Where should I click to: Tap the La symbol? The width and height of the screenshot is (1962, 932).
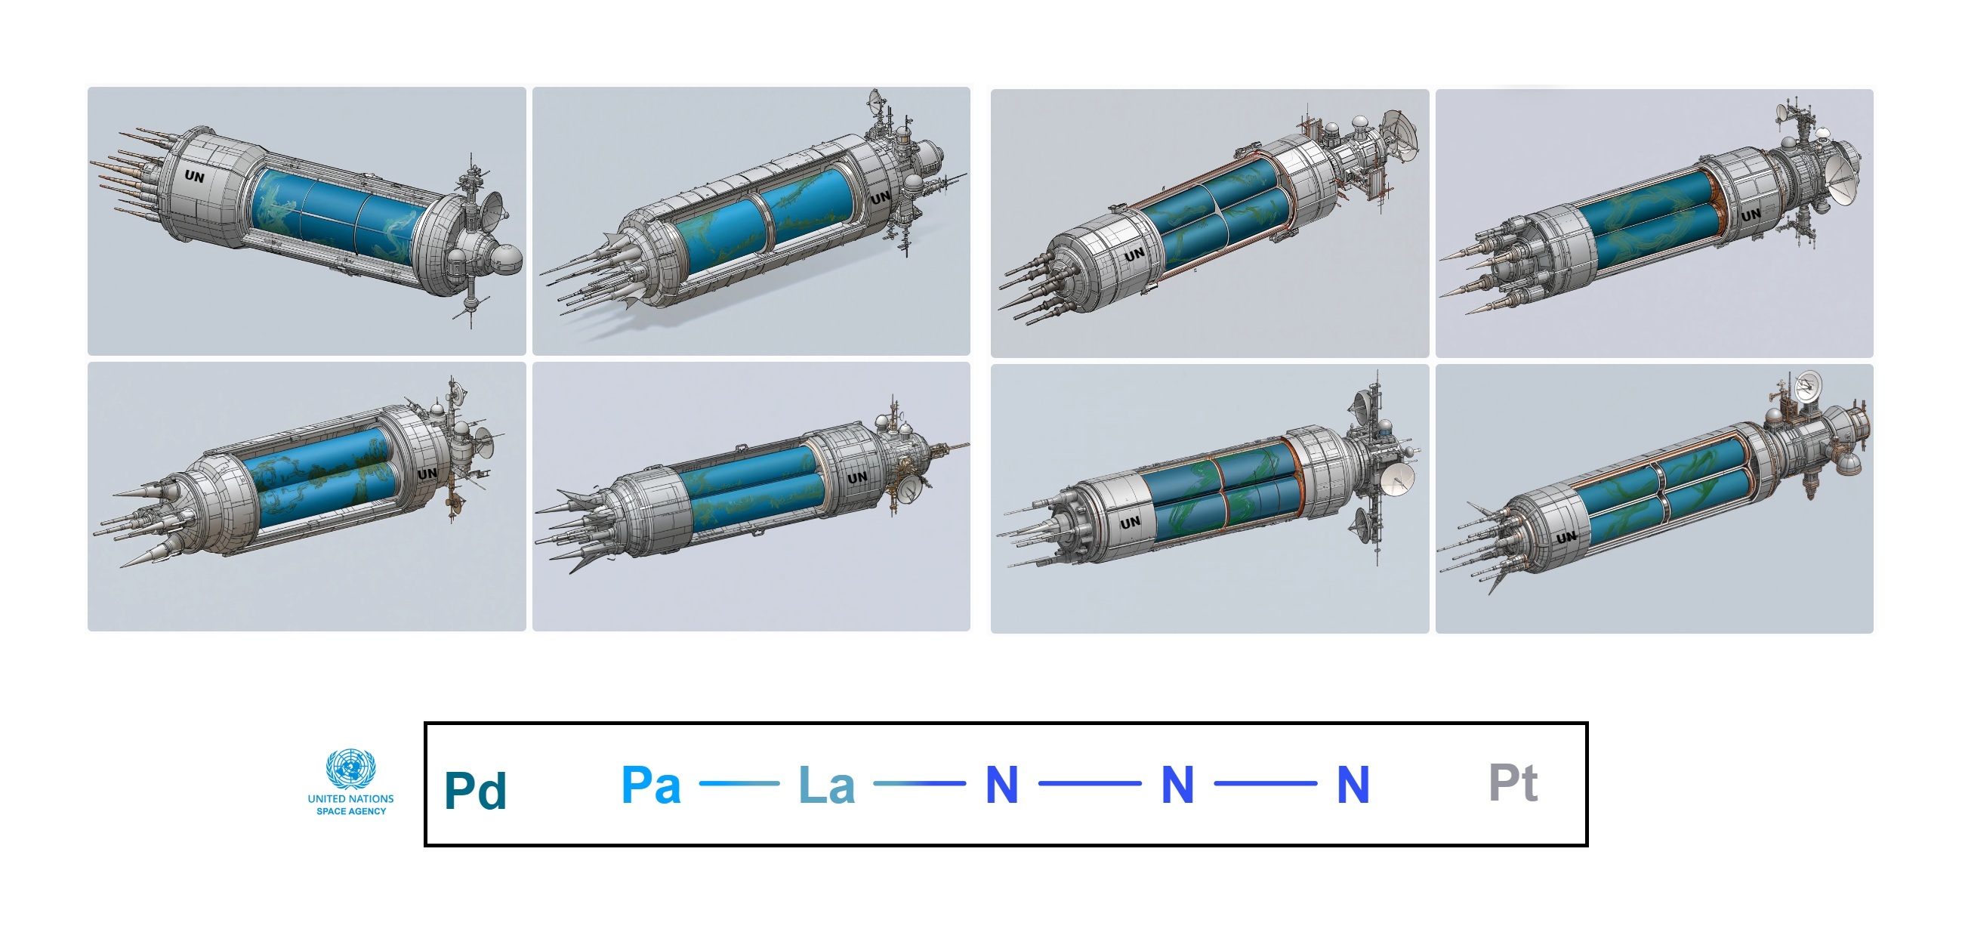coord(826,784)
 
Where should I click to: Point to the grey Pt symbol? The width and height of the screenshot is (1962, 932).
coord(1513,782)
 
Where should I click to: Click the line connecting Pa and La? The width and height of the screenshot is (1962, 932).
coord(739,782)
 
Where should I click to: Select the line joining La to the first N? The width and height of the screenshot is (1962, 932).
coord(919,782)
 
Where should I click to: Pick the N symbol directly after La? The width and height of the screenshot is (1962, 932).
coord(1001,784)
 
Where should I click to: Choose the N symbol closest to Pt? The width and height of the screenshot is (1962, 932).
coord(1353,784)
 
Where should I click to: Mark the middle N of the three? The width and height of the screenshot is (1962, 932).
coord(1177,784)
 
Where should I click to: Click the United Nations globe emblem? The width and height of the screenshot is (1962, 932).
coord(350,768)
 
